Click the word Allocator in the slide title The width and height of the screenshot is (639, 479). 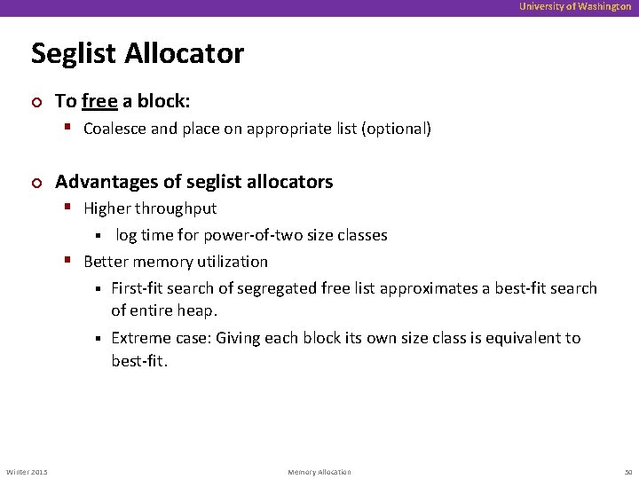coord(184,53)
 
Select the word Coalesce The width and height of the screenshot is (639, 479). coord(115,129)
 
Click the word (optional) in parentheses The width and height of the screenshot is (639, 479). coord(397,129)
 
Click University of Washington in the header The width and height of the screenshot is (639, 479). coord(575,6)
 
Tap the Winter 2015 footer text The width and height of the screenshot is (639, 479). coord(28,471)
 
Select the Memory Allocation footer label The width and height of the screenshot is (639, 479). coord(319,471)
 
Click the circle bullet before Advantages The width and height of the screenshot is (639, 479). coord(35,183)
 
